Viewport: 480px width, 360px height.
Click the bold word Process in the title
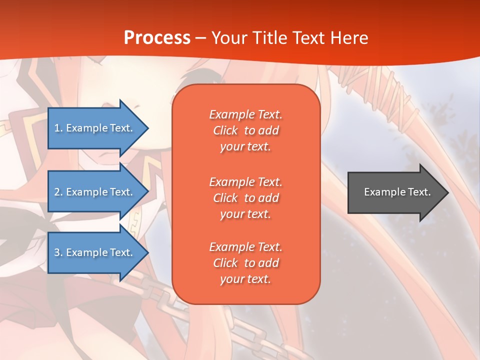tap(157, 37)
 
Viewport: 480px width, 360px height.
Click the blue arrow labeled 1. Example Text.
tap(98, 128)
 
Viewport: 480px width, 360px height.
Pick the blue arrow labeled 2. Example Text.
tap(98, 191)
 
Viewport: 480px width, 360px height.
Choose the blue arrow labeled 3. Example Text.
tap(98, 252)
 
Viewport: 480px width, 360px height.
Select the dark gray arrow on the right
tap(398, 192)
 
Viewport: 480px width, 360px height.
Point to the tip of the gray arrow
tap(448, 192)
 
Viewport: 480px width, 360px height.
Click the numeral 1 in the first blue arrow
tap(57, 128)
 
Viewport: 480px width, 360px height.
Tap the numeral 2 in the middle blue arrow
tap(57, 192)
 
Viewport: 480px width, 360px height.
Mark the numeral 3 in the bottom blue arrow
tap(57, 252)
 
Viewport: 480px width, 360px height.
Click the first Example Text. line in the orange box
tap(246, 114)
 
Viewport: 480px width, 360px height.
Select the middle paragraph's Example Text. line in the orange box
tap(246, 182)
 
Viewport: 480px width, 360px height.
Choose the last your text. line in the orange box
tap(245, 279)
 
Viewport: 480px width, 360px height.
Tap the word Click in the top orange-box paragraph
tap(225, 130)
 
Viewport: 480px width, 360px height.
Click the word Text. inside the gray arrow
tap(419, 192)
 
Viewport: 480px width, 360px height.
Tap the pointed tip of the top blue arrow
tap(148, 128)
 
